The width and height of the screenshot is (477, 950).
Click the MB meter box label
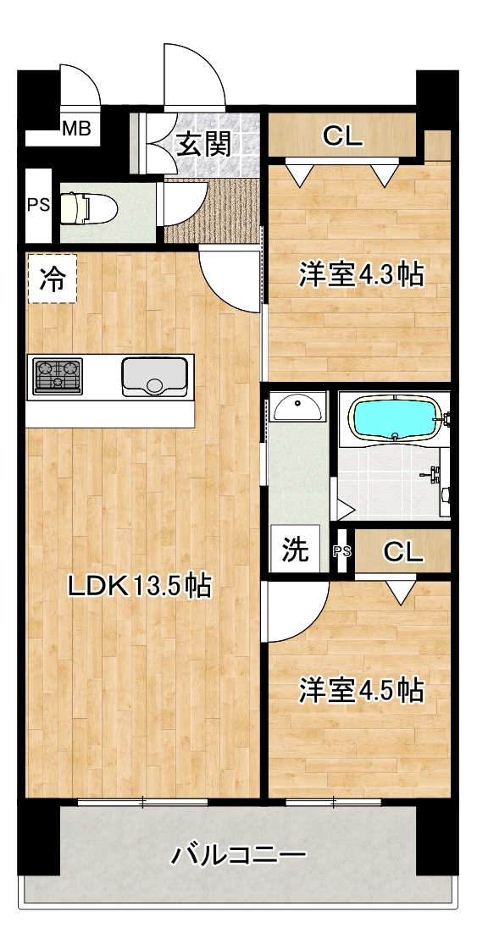(77, 128)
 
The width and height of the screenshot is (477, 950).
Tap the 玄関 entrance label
(203, 145)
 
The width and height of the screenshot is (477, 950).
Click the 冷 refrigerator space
(53, 278)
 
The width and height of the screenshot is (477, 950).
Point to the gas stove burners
(58, 376)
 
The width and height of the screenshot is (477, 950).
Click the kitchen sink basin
(154, 376)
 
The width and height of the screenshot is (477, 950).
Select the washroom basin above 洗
(297, 406)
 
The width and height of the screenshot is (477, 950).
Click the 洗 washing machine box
(295, 550)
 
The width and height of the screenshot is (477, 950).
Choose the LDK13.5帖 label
(139, 586)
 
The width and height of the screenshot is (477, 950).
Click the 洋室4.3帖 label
(360, 275)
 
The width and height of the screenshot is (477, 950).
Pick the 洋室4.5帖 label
(360, 691)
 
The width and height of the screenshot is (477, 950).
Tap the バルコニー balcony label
(237, 855)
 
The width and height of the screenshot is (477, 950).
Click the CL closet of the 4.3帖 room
(342, 136)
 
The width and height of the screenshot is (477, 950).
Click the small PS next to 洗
(341, 550)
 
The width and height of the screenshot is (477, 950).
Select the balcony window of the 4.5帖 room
(333, 803)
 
